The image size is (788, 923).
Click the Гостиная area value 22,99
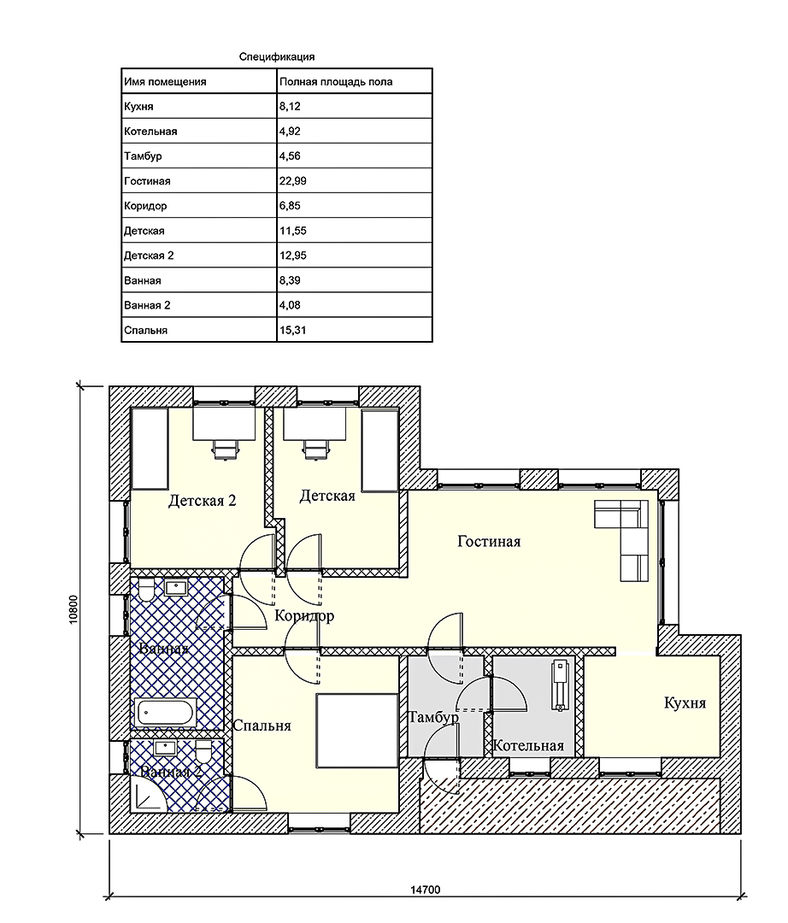(292, 181)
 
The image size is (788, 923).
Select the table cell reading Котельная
(150, 132)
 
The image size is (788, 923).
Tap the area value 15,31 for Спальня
(292, 330)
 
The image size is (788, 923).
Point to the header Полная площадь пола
(335, 82)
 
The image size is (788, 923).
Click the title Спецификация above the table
(277, 57)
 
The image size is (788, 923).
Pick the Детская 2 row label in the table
(149, 256)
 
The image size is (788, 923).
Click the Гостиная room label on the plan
(489, 542)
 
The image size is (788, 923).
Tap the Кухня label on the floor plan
(685, 703)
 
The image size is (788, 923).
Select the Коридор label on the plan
(304, 616)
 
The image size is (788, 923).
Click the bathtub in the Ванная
(165, 713)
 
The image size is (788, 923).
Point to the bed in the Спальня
(358, 731)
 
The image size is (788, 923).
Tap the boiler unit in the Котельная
(559, 685)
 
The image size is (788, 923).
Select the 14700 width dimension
(425, 890)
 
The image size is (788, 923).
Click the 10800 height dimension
(74, 610)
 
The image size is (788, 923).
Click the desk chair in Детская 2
(225, 449)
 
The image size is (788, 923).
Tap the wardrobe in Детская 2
(150, 450)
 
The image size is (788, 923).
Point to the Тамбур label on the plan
(433, 718)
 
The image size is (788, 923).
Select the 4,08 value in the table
(290, 305)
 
